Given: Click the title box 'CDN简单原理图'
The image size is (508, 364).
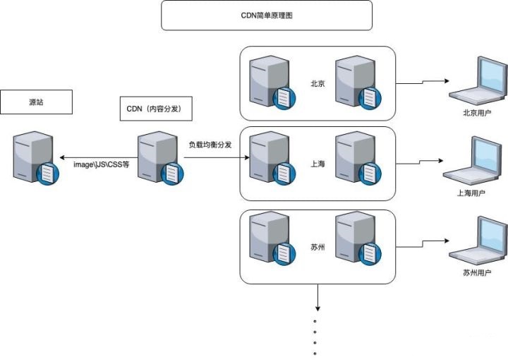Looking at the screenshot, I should point(266,15).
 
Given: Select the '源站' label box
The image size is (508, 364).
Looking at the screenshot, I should point(36,103).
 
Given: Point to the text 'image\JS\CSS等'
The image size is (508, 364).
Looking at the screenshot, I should point(102,164).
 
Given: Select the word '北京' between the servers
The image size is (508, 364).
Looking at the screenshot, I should point(317,83).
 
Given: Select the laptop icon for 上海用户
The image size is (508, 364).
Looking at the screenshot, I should point(473,162).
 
